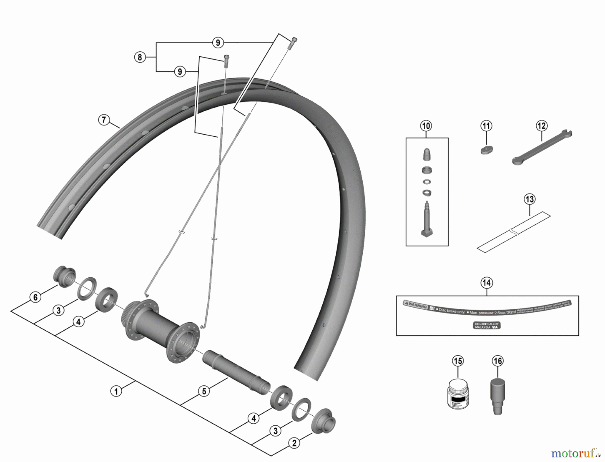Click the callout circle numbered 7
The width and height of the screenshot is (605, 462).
click(104, 120)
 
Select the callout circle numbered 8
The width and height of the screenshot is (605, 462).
click(140, 57)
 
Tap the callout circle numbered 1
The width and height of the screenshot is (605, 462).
click(116, 391)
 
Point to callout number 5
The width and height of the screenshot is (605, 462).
click(204, 391)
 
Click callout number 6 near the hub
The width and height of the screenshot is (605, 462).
click(35, 297)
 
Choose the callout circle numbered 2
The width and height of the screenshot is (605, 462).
click(294, 443)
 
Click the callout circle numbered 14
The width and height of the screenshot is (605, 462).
click(487, 283)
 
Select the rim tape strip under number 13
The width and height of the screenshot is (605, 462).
click(514, 232)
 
